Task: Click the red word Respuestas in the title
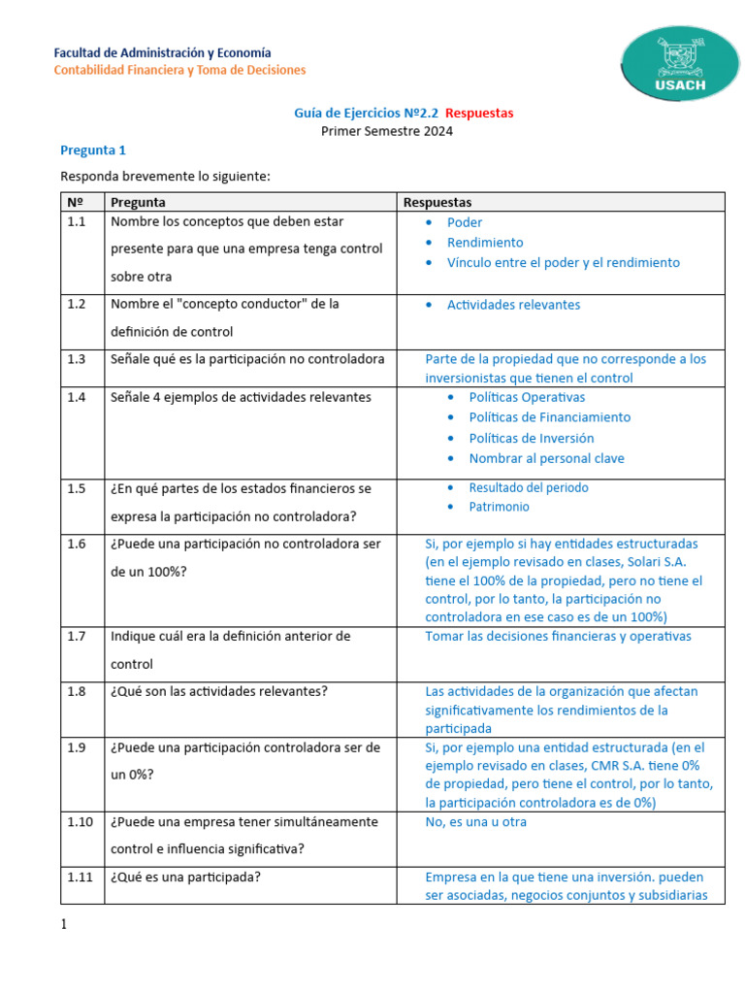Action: click(x=481, y=114)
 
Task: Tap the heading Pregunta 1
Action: click(x=93, y=150)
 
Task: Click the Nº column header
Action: click(x=76, y=202)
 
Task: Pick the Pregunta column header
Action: click(x=138, y=202)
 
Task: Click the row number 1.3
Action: click(x=78, y=359)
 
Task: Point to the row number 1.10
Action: click(x=81, y=822)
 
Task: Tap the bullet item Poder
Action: click(x=465, y=222)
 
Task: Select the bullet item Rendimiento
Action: click(x=485, y=243)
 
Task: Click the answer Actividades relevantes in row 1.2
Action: click(x=513, y=305)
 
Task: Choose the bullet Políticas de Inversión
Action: click(x=532, y=438)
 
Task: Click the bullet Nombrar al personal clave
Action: click(x=546, y=458)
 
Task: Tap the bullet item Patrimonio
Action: click(x=500, y=507)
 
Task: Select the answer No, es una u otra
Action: click(x=476, y=822)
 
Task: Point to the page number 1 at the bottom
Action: click(x=65, y=925)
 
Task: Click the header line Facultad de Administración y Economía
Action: click(x=162, y=52)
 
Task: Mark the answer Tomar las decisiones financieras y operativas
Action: click(x=558, y=637)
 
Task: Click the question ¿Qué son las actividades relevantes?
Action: click(x=219, y=692)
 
